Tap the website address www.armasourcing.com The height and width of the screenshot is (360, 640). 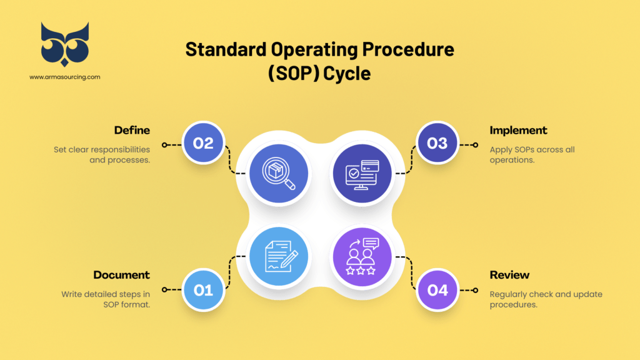(x=64, y=77)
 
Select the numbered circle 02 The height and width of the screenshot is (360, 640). (x=203, y=143)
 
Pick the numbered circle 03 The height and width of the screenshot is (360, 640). (x=437, y=143)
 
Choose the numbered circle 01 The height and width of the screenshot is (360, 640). (x=203, y=290)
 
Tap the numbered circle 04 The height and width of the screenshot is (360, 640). (x=437, y=290)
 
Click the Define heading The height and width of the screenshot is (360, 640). (x=132, y=131)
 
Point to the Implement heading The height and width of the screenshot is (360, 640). (x=518, y=131)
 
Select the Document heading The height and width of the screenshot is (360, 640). (x=122, y=275)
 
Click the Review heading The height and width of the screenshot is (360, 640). (x=509, y=275)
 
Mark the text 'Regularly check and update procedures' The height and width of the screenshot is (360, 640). (x=546, y=299)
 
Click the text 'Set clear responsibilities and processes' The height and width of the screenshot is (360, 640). (x=101, y=155)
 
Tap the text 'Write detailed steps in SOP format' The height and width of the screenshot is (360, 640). (x=106, y=299)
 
